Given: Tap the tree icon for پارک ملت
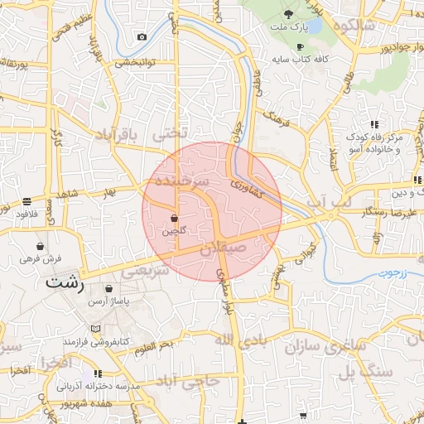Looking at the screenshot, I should click(289, 14).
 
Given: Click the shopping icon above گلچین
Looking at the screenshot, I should click(174, 219).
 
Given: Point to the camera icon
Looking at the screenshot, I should click(142, 37).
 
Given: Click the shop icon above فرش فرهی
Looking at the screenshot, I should click(40, 246).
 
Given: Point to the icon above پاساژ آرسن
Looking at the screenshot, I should click(109, 289).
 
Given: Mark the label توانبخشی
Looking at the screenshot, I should click(134, 62).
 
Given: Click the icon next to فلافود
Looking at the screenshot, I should click(27, 201).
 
